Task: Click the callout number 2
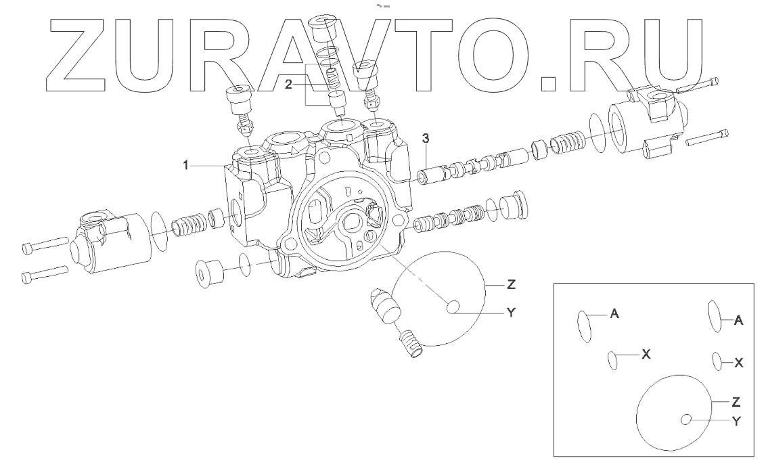point(288,84)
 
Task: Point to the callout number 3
point(425,139)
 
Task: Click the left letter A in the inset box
point(614,313)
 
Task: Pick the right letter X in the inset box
point(739,363)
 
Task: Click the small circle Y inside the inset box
point(686,421)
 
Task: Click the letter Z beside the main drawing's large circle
point(511,285)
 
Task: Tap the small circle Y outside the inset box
point(453,309)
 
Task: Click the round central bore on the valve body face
point(354,223)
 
